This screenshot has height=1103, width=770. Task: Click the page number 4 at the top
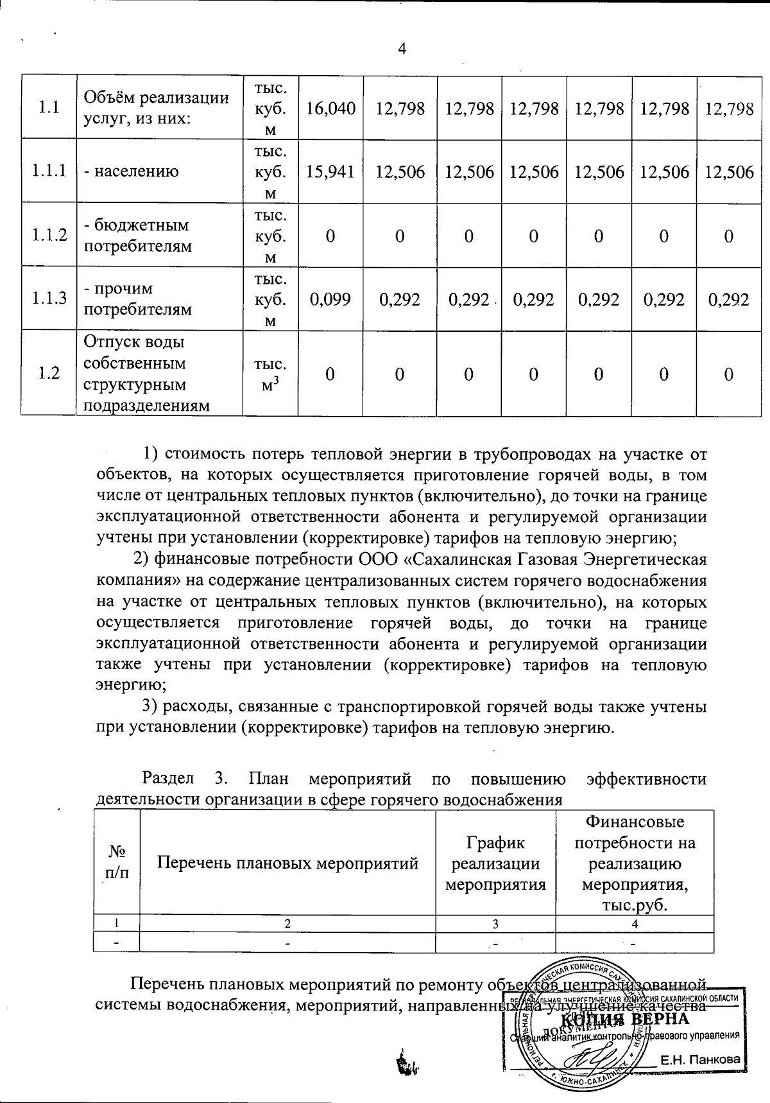click(x=402, y=49)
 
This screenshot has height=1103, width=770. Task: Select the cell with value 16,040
click(x=330, y=108)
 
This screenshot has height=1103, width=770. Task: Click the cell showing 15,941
click(x=330, y=171)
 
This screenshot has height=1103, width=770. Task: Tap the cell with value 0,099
click(x=330, y=299)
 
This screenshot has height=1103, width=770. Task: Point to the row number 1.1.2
click(x=49, y=235)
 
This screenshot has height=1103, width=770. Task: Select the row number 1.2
click(x=49, y=373)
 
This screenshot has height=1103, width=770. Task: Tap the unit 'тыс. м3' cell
click(x=270, y=373)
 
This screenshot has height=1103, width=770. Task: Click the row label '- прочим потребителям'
click(x=138, y=299)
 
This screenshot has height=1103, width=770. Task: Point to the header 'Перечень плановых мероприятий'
click(x=287, y=863)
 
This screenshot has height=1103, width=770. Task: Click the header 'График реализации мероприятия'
click(x=495, y=863)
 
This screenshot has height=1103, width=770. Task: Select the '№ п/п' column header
click(x=116, y=863)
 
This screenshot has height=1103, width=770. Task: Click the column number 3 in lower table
click(x=495, y=924)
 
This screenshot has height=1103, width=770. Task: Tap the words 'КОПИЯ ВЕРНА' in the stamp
click(x=625, y=1019)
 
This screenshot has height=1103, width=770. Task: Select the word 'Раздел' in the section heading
click(x=167, y=779)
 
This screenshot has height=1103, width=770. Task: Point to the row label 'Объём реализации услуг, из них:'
click(x=156, y=108)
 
